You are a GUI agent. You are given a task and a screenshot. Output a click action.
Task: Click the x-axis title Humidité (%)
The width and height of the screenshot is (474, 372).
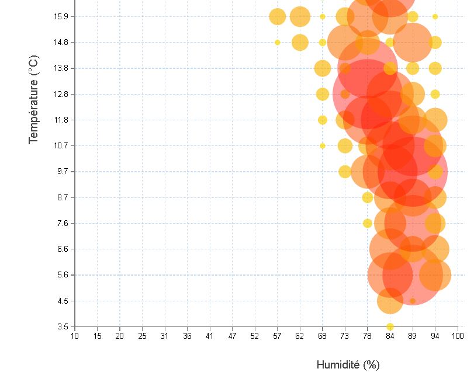coord(348,364)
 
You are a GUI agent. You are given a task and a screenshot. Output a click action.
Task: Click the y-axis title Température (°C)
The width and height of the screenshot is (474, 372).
coord(33,99)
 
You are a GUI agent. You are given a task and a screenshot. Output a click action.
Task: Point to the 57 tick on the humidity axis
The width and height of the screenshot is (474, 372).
coord(277,336)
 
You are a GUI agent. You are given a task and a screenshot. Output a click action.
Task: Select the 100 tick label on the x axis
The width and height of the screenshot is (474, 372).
coord(458,336)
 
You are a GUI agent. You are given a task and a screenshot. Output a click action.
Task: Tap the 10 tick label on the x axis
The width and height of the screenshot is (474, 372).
coord(74,336)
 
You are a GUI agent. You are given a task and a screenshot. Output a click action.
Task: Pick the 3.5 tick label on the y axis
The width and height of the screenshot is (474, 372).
coord(63,326)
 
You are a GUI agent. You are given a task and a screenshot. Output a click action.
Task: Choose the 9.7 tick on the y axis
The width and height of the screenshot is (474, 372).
coord(63,172)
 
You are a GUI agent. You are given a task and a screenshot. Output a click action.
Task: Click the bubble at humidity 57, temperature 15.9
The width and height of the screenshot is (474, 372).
coord(278,16)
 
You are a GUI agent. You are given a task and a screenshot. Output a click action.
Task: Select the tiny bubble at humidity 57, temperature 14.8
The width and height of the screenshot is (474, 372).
coord(278,42)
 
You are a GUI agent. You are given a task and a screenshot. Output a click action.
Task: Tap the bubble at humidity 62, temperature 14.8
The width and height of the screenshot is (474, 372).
coord(300,42)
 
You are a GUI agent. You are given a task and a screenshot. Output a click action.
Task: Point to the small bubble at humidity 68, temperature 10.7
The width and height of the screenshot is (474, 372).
coord(322,145)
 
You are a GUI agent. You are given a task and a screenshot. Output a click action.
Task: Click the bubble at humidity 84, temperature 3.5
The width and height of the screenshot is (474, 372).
coord(390,326)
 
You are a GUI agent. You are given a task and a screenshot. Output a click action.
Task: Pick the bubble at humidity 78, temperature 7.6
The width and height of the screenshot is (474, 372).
coord(368,223)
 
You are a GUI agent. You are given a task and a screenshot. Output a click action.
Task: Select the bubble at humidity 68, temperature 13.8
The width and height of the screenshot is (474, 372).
coord(323,68)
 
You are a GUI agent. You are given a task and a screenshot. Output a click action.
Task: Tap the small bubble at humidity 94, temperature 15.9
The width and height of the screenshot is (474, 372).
coord(435,16)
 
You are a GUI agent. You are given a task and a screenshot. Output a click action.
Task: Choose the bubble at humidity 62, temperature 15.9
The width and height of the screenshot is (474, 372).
coord(300,16)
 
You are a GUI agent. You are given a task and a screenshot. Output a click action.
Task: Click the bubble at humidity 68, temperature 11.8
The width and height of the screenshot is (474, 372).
coord(322,120)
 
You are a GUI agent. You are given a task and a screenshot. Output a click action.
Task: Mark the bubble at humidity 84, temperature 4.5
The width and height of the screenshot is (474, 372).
coord(390,301)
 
